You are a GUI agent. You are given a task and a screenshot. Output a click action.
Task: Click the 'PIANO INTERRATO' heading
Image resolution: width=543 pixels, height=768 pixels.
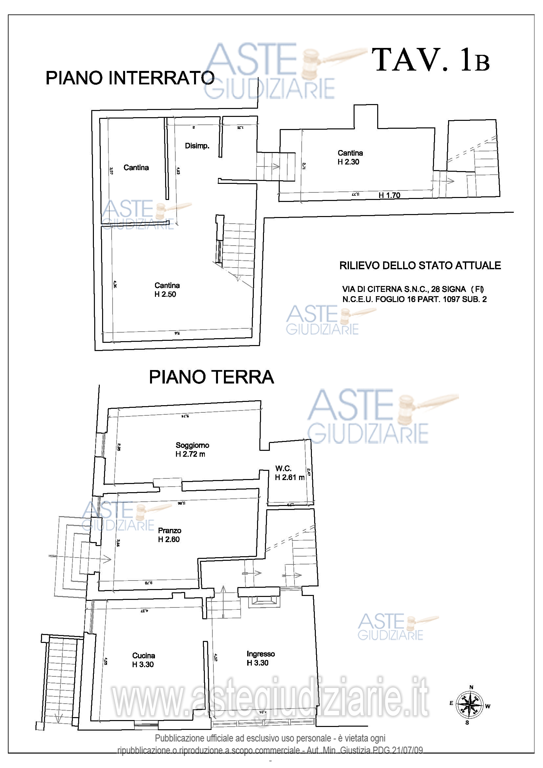130,78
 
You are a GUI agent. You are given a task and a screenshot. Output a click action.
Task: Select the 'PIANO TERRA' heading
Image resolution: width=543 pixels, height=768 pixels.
211,377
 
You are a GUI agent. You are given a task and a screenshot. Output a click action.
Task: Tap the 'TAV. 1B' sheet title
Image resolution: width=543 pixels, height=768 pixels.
431,60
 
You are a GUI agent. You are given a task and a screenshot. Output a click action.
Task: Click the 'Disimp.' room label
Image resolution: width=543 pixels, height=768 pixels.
197,146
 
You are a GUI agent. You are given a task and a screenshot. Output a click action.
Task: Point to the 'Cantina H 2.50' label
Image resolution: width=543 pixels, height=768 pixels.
167,290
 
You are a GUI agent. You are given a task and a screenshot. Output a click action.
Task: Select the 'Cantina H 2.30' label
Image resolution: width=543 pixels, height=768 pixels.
350,157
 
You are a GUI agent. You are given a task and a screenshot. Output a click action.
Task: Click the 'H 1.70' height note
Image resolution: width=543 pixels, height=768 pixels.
389,195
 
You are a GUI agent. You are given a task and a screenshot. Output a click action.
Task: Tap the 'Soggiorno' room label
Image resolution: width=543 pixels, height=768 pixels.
192,445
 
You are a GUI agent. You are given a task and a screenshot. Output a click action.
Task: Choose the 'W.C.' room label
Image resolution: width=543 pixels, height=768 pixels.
283,469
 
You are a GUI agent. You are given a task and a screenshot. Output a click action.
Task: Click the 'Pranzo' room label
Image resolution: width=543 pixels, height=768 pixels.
169,531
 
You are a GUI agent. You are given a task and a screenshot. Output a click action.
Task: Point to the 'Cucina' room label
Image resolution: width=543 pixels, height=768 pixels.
143,656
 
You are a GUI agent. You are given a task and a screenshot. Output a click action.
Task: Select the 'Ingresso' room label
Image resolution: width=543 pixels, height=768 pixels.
260,654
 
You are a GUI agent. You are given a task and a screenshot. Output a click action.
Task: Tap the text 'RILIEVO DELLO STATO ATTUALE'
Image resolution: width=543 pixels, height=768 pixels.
420,266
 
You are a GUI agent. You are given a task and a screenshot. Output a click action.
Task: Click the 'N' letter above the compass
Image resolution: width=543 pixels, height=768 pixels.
471,687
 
